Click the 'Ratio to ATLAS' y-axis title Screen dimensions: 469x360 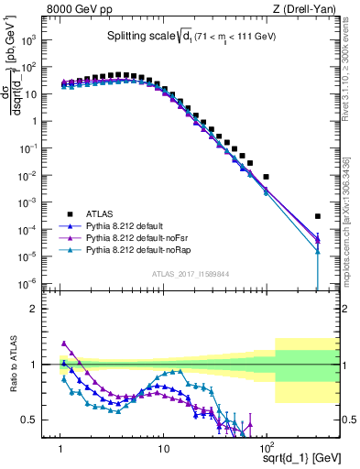[13, 365]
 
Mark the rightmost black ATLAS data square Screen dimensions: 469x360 [318, 216]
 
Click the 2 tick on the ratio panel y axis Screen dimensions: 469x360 [38, 309]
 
